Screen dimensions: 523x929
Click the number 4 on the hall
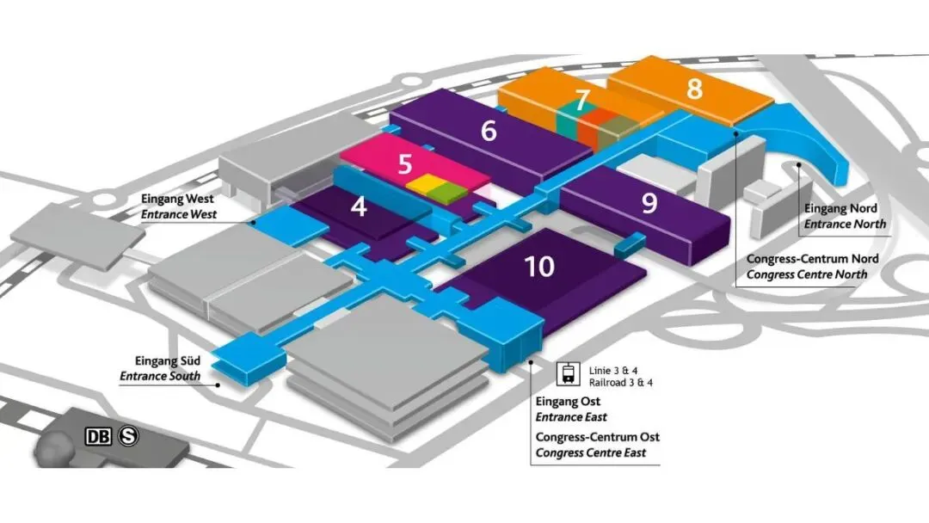pos(359,207)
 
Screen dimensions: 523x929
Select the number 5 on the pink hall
pos(404,164)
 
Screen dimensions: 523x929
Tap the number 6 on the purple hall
pos(489,131)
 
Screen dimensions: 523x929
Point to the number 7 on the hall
pos(582,101)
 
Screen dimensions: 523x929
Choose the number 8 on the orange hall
pos(694,89)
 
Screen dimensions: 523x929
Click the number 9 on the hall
pos(649,202)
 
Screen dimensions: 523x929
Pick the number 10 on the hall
pos(539,267)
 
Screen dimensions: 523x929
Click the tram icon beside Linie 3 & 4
pos(569,373)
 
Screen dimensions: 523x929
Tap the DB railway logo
pos(98,436)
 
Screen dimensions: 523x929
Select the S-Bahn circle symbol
pos(128,436)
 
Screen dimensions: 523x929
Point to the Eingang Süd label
pos(167,361)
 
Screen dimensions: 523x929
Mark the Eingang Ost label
pos(568,402)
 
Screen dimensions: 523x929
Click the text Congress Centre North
pos(807,274)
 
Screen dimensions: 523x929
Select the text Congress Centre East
pos(590,452)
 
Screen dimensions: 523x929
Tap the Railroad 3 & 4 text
pos(621,382)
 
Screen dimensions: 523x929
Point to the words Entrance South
pos(160,376)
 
